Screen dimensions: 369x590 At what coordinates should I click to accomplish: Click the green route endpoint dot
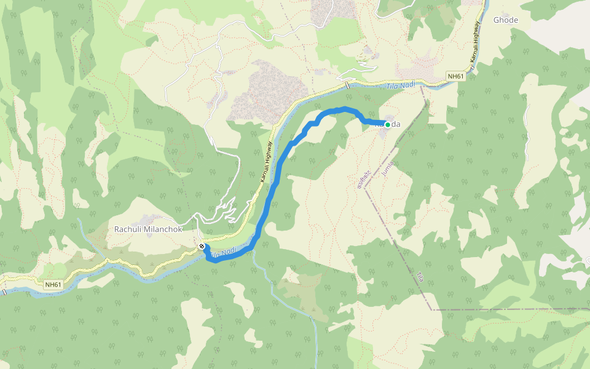388,125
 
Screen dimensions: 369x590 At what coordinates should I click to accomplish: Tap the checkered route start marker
202,247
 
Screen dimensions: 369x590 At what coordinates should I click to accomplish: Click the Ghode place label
505,20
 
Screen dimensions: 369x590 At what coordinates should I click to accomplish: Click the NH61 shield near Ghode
455,76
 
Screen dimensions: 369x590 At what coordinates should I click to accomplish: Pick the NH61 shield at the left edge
53,285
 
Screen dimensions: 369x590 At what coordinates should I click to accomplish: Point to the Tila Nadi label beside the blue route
222,252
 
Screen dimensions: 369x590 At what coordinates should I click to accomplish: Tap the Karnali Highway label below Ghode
474,47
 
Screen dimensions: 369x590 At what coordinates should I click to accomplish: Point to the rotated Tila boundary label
420,277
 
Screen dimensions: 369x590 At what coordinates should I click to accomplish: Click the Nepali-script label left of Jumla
364,177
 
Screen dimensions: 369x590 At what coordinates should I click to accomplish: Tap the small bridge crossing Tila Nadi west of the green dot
347,85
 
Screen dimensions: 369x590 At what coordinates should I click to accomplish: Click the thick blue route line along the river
270,197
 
